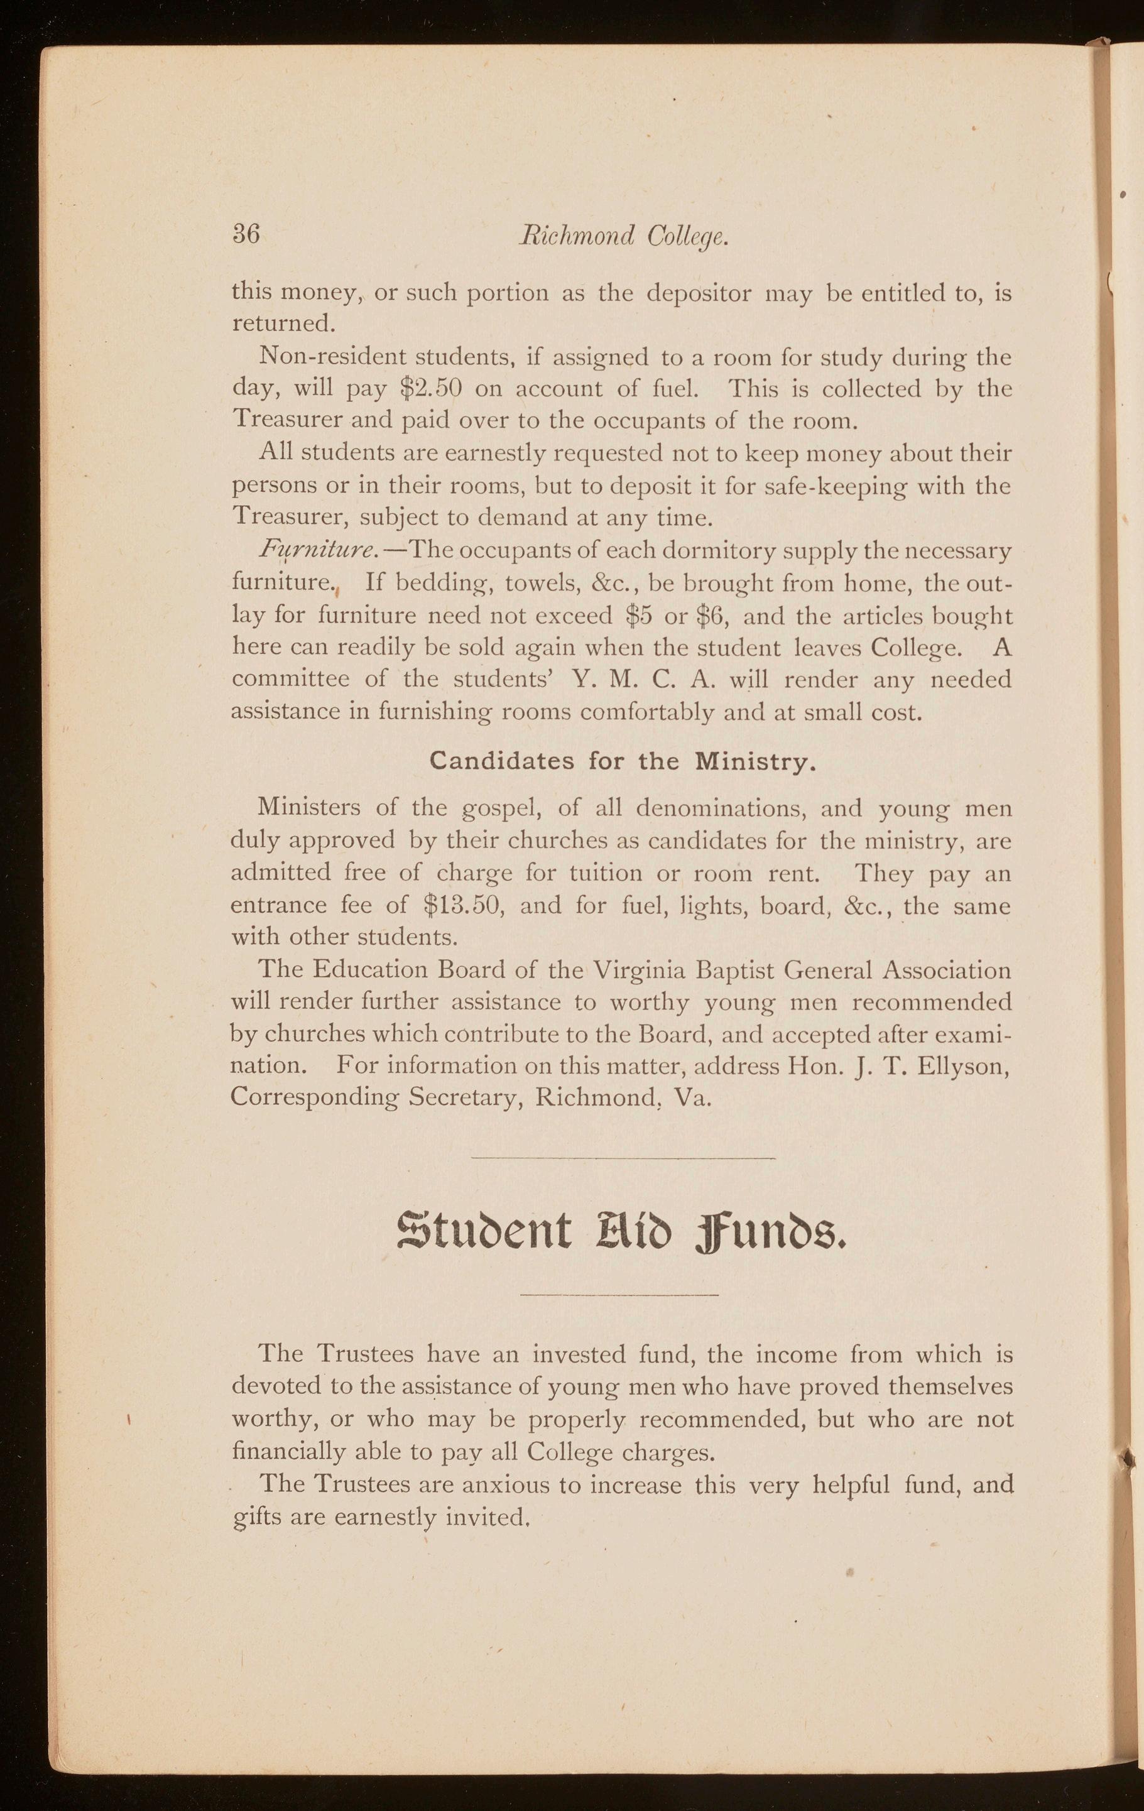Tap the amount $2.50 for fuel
[431, 388]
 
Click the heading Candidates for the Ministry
[623, 762]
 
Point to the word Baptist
[737, 970]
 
